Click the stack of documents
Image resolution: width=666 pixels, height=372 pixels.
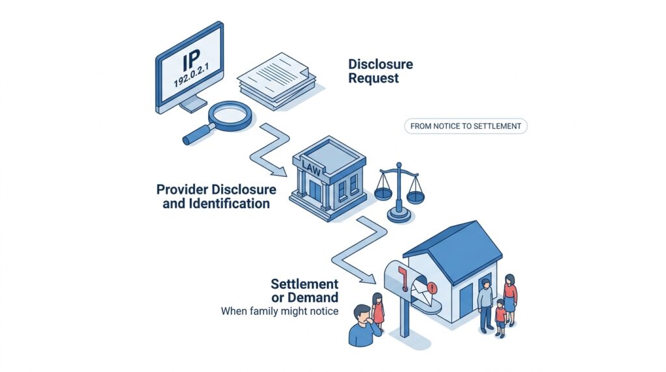276,80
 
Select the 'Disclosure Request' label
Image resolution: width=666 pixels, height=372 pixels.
380,71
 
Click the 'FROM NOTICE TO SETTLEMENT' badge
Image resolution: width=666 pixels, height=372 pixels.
466,126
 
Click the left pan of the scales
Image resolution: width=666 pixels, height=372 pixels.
384,193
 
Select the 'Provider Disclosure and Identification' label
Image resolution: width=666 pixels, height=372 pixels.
217,196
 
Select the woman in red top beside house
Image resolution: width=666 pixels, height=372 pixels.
511,297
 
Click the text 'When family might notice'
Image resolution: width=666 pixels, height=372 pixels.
280,312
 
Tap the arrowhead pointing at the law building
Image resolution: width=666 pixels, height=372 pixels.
282,173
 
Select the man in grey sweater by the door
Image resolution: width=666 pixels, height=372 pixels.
485,302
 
